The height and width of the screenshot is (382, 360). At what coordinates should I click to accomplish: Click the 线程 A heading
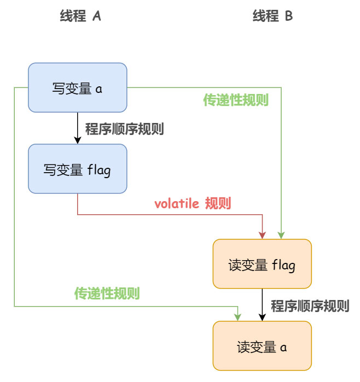pyautogui.click(x=80, y=16)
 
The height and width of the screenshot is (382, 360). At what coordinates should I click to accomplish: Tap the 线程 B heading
pyautogui.click(x=272, y=16)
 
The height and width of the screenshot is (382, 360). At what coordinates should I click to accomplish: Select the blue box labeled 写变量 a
pyautogui.click(x=77, y=87)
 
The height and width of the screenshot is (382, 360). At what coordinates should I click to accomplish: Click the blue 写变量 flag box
pyautogui.click(x=77, y=169)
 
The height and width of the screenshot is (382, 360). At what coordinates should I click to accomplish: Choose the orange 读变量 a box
pyautogui.click(x=262, y=346)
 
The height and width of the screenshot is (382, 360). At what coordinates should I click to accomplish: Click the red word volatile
pyautogui.click(x=177, y=204)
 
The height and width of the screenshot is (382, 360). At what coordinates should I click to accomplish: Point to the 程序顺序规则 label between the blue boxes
pyautogui.click(x=125, y=130)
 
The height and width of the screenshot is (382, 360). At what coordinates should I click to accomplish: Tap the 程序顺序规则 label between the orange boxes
pyautogui.click(x=310, y=305)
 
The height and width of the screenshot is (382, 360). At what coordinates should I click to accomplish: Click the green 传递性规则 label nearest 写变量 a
pyautogui.click(x=236, y=101)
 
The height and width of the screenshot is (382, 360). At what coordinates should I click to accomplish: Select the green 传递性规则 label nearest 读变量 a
pyautogui.click(x=107, y=293)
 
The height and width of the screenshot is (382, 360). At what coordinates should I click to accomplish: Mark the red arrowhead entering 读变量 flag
pyautogui.click(x=263, y=235)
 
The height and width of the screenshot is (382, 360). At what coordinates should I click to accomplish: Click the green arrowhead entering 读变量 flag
pyautogui.click(x=281, y=235)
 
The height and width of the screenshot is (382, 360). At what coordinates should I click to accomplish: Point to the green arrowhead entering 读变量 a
pyautogui.click(x=238, y=317)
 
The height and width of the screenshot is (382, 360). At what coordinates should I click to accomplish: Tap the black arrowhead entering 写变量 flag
pyautogui.click(x=77, y=140)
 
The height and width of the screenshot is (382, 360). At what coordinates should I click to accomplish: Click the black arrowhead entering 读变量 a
pyautogui.click(x=262, y=317)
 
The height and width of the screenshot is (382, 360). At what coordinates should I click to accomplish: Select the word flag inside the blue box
pyautogui.click(x=99, y=169)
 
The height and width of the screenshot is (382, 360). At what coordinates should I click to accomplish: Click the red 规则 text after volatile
pyautogui.click(x=218, y=204)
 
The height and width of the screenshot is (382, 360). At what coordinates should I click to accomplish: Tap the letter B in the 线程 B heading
pyautogui.click(x=288, y=16)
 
